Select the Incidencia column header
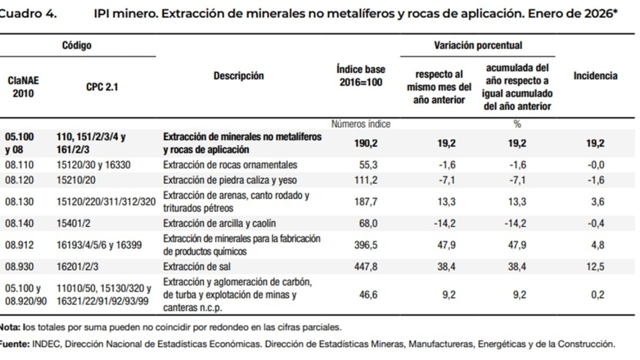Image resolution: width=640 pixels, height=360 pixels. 595,76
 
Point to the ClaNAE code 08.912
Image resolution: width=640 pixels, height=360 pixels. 19,244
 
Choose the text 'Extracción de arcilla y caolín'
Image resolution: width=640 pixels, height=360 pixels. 219,223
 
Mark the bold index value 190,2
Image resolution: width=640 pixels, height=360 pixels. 365,143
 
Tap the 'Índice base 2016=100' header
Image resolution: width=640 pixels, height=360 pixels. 360,76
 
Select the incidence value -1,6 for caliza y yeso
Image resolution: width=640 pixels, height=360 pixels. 596,180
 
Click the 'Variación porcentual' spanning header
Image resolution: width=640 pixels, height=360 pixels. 477,45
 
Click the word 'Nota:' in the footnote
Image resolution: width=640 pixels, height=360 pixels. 9,328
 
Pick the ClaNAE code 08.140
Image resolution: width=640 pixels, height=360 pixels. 19,223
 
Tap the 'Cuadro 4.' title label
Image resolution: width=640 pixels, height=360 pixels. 27,13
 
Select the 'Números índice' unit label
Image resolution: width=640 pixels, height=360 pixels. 360,124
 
